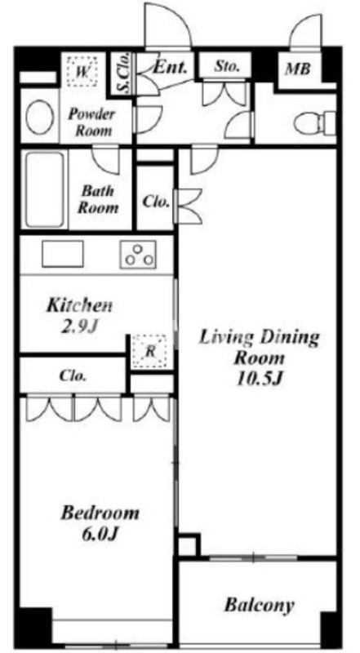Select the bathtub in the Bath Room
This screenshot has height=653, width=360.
[x=45, y=189]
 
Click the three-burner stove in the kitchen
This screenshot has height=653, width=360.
[x=138, y=255]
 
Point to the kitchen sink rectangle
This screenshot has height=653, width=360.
[x=63, y=254]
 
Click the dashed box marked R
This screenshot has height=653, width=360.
[x=149, y=352]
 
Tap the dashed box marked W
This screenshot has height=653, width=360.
[x=82, y=72]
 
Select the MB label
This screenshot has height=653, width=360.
[x=297, y=69]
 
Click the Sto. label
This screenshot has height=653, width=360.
[x=228, y=66]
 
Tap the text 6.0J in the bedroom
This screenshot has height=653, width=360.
[x=99, y=533]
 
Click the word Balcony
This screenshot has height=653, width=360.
[x=259, y=605]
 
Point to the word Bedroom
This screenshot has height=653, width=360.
[x=100, y=513]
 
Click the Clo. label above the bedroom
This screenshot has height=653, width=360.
[x=73, y=376]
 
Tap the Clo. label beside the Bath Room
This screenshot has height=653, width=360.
[x=156, y=202]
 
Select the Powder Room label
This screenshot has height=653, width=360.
[x=91, y=122]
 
